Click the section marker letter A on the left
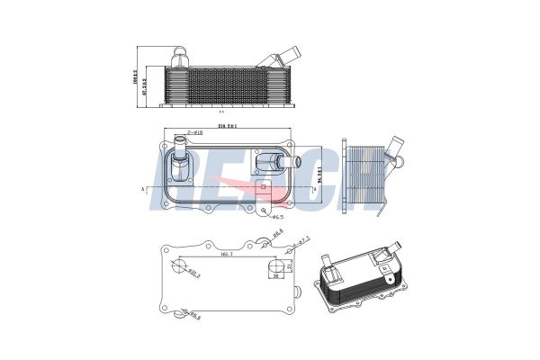coord(143,190)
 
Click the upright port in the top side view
coord(180,57)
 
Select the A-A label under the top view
coord(221,112)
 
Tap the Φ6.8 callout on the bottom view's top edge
coord(279,235)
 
